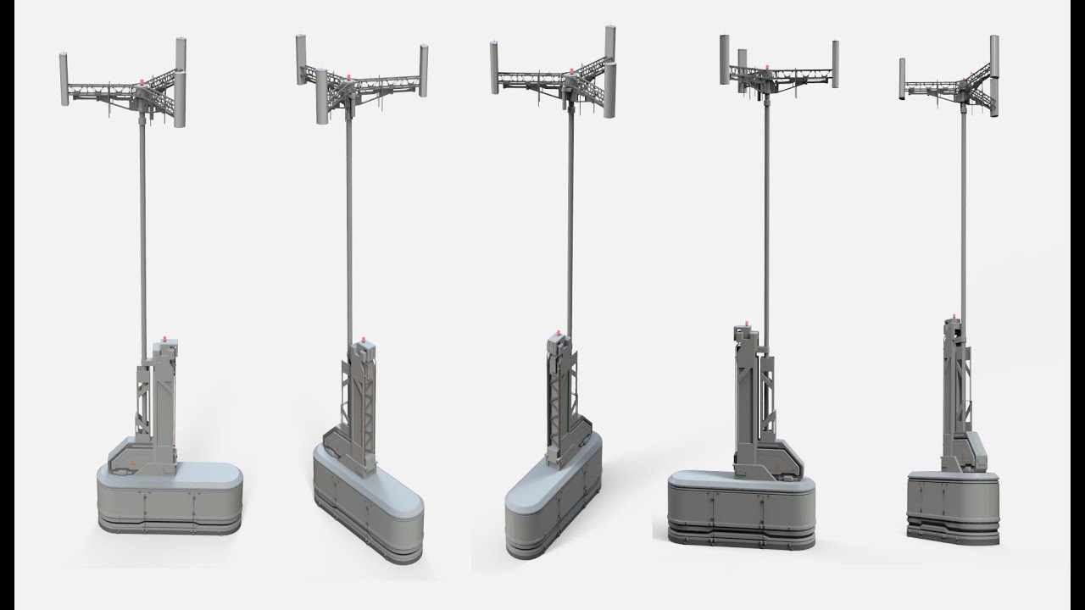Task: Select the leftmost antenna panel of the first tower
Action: coord(64,80)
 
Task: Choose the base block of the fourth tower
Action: coord(742,507)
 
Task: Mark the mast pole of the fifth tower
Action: coord(964,212)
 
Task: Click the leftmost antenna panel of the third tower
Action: coord(494,68)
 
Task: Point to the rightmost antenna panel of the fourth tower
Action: coord(835,64)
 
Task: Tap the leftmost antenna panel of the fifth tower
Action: coord(903,79)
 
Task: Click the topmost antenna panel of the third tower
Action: coord(609,44)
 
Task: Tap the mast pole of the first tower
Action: coord(142,229)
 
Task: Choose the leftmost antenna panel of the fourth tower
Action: coord(725,59)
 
